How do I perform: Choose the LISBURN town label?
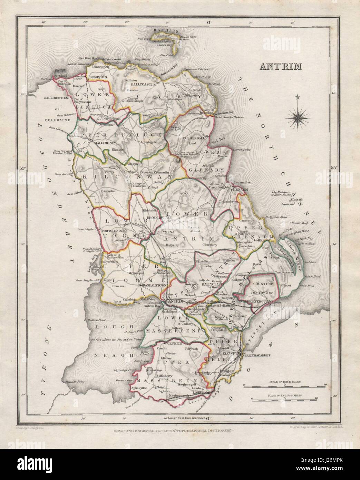coord(199,393)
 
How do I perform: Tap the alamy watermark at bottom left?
coord(35,465)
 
